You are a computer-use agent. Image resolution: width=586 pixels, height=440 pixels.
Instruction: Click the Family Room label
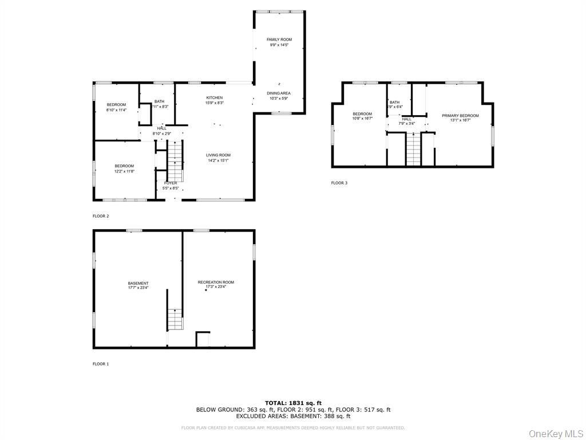point(279,40)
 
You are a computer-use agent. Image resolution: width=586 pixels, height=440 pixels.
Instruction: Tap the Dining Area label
point(278,93)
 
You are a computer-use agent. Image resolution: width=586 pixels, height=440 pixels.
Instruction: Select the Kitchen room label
point(215,98)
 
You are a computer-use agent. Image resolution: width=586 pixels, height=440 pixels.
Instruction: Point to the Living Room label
point(219,155)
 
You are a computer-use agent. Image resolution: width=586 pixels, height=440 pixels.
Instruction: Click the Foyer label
point(171,183)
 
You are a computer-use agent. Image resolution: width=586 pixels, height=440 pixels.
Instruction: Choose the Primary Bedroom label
point(460,116)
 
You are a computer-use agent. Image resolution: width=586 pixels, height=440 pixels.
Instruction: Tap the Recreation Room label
point(216,282)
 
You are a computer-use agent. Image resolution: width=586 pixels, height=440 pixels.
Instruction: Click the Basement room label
point(138,283)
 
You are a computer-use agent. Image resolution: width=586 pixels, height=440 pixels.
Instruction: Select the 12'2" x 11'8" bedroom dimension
point(124,171)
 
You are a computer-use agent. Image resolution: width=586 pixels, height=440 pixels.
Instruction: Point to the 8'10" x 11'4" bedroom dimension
point(116,110)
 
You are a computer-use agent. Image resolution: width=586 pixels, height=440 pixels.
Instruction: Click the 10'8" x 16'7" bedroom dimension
point(362,119)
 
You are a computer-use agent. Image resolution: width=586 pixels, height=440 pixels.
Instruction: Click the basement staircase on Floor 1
point(175,319)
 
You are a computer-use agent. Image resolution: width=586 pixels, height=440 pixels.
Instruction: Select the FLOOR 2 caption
point(101,217)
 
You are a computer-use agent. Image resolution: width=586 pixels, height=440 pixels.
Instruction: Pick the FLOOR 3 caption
point(339,183)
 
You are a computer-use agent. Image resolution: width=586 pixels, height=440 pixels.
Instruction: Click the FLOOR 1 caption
point(101,364)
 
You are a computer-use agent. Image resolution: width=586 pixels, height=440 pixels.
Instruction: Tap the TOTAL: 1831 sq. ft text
point(293,403)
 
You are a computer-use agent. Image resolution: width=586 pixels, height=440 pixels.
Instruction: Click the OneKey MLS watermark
point(555,433)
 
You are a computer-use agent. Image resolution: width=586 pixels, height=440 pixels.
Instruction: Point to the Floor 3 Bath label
point(395,103)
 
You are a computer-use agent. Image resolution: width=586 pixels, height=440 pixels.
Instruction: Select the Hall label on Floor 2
point(161,128)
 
